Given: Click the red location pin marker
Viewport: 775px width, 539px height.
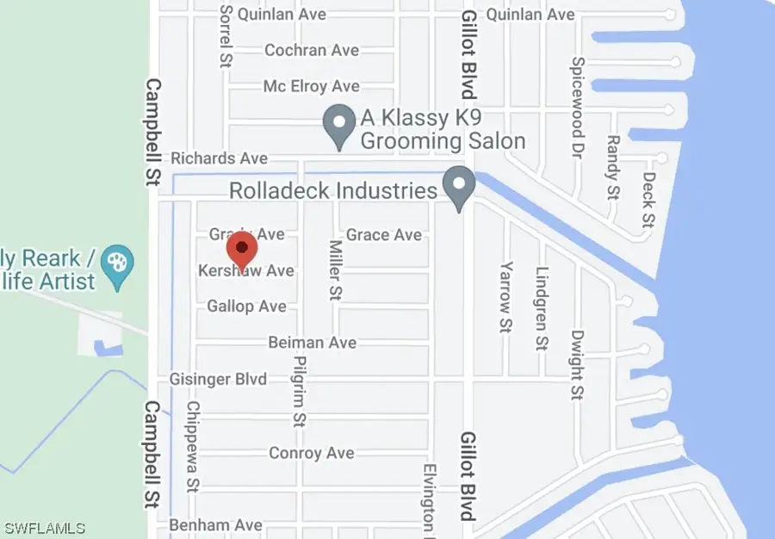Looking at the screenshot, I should coord(242,249).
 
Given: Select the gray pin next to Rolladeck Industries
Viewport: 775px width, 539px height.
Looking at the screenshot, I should coord(458,187).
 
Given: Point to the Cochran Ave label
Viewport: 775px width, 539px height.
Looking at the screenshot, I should coord(311,51).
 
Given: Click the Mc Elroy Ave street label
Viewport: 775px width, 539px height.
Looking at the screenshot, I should coord(311,86).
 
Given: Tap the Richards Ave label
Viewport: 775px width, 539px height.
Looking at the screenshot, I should coord(219,158).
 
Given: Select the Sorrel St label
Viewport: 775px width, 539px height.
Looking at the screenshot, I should coord(226,34).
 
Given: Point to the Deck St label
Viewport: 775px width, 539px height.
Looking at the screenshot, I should coord(648,200).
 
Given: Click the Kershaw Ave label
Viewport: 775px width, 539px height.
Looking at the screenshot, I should coord(246,270).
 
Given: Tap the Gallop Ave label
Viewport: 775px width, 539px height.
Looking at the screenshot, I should coord(246,307).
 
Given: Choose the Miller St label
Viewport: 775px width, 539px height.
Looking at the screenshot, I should coord(335,269).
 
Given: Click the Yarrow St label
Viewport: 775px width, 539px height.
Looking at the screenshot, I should coord(506,296).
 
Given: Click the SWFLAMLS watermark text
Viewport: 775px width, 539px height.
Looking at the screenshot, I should coord(46,527).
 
